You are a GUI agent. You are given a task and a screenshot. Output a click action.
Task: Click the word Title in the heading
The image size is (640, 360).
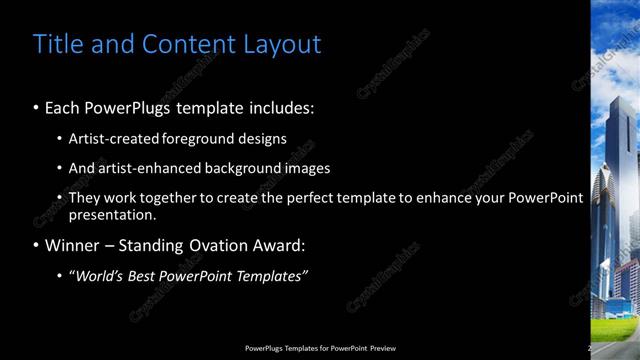[59, 44]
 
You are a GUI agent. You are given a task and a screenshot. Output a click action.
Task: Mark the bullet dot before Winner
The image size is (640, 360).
[37, 246]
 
